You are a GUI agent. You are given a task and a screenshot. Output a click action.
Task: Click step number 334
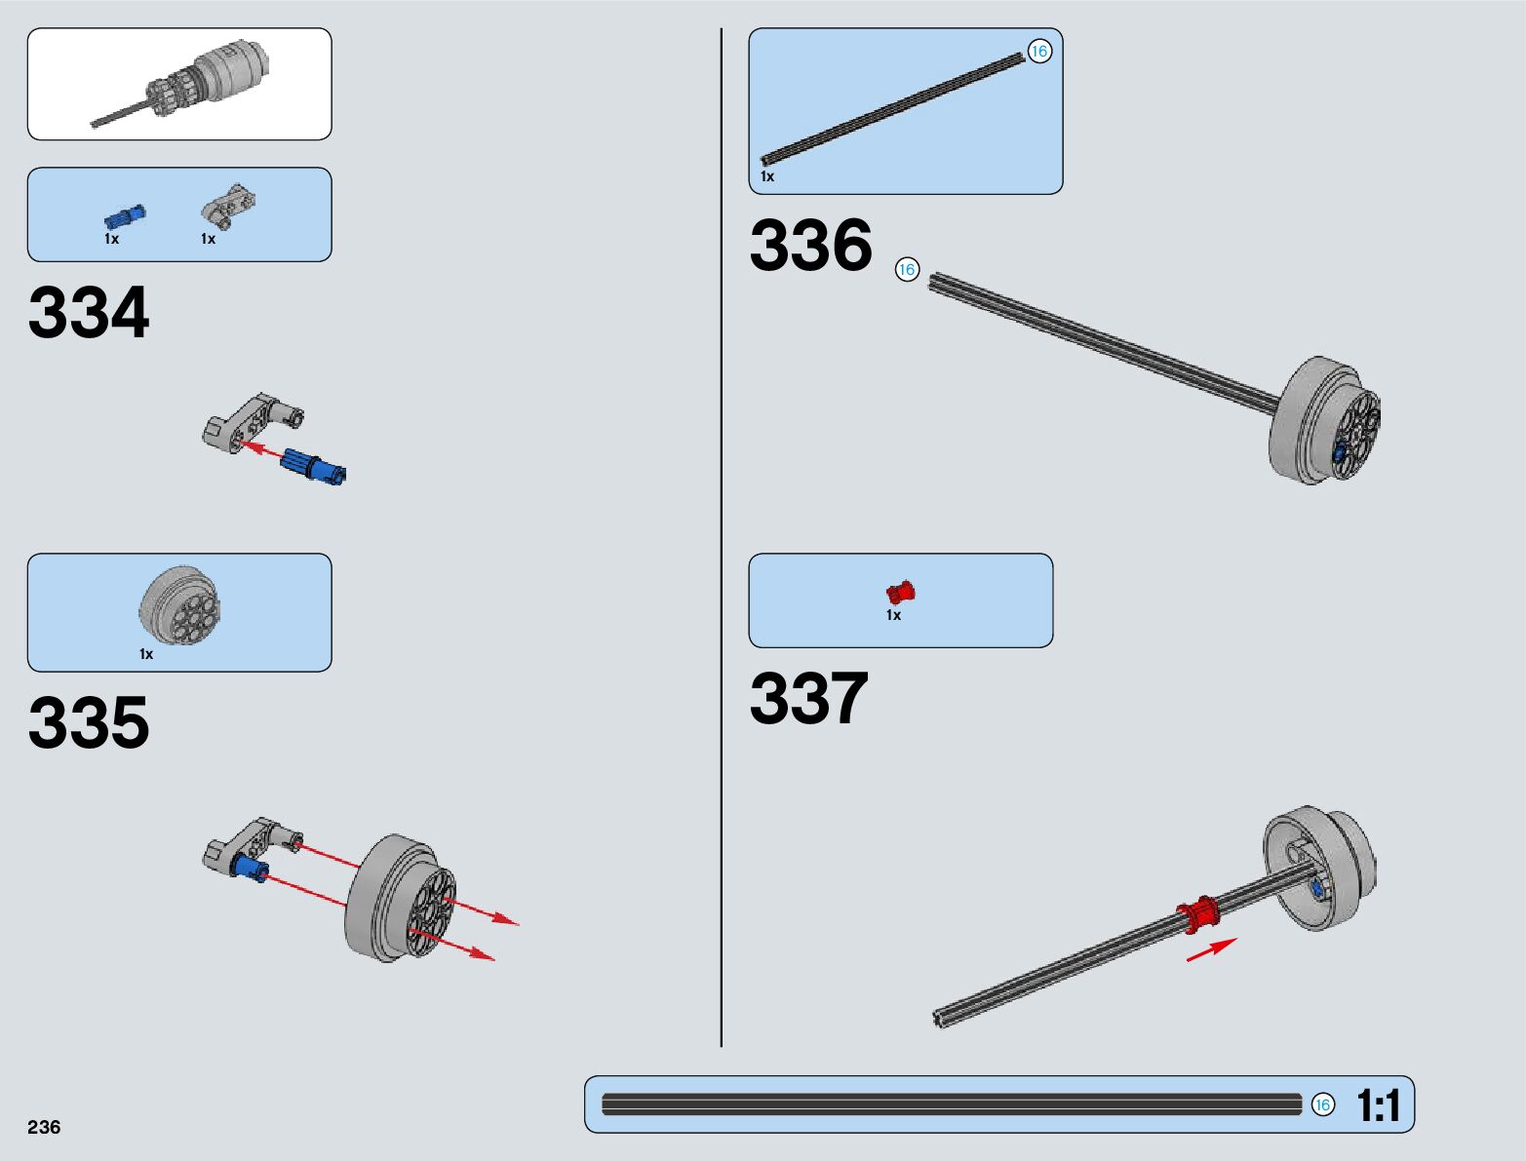pos(89,313)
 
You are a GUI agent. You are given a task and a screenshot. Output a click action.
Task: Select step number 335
pos(89,723)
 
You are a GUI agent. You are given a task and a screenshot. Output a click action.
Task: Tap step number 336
pos(810,245)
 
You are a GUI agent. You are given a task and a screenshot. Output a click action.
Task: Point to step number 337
pos(808,699)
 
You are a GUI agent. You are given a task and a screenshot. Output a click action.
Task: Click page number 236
pos(44,1127)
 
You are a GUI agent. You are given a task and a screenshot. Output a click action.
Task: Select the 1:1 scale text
pos(1378,1105)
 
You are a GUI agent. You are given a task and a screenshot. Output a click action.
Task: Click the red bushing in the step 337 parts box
pos(900,592)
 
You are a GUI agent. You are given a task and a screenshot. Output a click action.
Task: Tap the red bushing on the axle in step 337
pos(1198,914)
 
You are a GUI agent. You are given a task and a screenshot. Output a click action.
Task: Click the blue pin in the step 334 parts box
pos(125,216)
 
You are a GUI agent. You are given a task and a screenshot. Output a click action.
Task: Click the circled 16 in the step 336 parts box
pos(1039,52)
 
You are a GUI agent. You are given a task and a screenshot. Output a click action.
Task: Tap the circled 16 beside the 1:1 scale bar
pos(1322,1104)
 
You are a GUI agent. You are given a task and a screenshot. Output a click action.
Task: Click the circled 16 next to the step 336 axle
pos(907,269)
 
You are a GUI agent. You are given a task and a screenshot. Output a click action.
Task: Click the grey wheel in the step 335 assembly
pos(400,898)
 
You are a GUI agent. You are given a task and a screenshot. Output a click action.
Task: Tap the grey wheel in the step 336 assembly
pos(1324,420)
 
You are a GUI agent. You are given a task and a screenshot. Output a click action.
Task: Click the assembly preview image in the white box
pos(179,84)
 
